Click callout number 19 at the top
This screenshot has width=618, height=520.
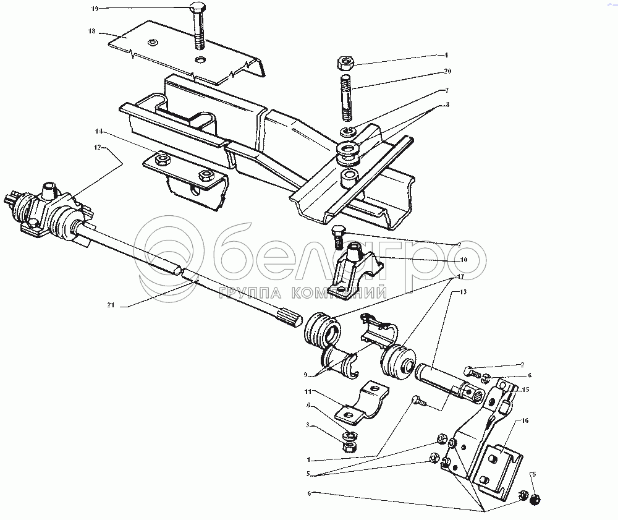[x=95, y=9]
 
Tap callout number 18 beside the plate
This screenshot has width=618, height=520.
[x=92, y=31]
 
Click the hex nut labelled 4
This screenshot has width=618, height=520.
[x=345, y=62]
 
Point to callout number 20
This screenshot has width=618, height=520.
[x=447, y=71]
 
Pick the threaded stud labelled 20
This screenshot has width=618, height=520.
[x=346, y=98]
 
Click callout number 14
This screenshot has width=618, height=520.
[x=98, y=131]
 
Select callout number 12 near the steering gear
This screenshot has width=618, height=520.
[x=97, y=147]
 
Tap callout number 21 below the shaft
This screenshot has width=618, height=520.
[x=111, y=305]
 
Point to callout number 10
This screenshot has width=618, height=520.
[x=463, y=260]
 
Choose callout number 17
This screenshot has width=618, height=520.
[x=461, y=277]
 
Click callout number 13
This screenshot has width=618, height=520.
[x=463, y=292]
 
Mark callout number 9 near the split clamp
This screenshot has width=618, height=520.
[x=305, y=375]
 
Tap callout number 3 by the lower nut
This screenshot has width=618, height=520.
[x=308, y=425]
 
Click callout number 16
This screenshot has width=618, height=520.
[x=525, y=420]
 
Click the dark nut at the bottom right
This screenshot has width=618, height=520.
[x=535, y=500]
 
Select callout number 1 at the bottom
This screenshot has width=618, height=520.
[x=308, y=459]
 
